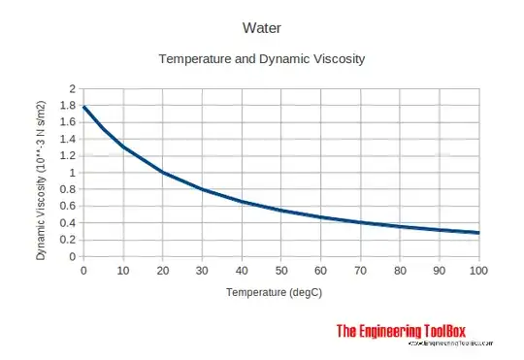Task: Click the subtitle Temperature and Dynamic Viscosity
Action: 261,60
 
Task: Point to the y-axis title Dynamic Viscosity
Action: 41,173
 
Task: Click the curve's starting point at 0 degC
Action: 84,107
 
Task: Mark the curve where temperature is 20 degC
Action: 163,173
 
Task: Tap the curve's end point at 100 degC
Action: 478,233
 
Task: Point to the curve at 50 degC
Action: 281,211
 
